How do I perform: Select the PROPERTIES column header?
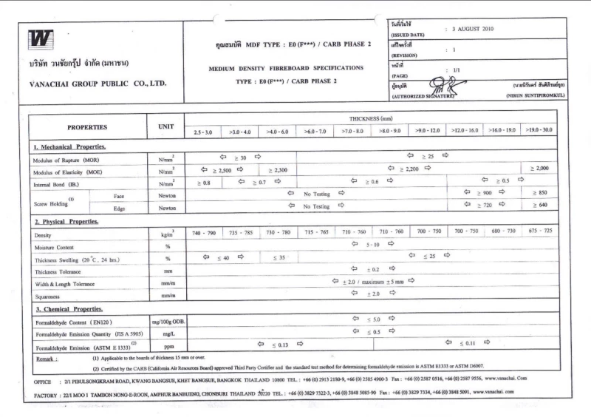[87, 127]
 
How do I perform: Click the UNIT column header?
[165, 127]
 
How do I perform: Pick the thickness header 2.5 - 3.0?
[202, 132]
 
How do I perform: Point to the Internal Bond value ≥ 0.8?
[204, 183]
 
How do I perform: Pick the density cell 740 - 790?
[203, 233]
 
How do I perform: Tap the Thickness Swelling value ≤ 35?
[278, 258]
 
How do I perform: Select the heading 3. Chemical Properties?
[70, 309]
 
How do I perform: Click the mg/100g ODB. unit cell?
[166, 322]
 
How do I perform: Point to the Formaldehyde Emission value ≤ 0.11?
[467, 344]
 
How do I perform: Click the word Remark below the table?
[47, 359]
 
